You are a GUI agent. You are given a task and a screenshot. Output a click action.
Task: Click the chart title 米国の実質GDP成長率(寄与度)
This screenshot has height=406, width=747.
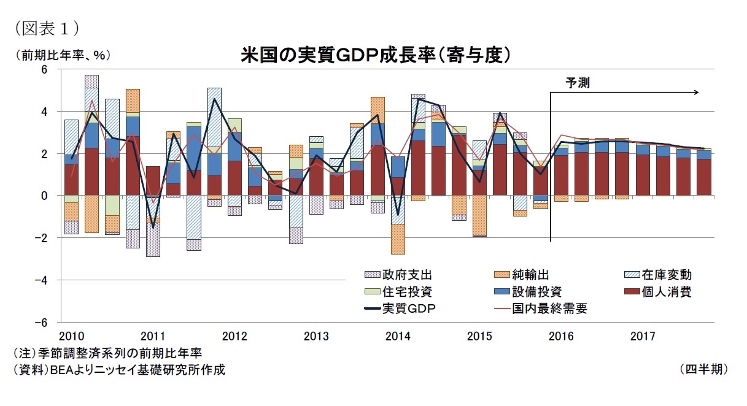tap(376, 55)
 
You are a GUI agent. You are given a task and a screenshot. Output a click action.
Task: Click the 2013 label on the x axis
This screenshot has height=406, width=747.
tap(315, 336)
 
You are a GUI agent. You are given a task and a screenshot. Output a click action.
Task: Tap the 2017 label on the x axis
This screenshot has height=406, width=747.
tap(642, 336)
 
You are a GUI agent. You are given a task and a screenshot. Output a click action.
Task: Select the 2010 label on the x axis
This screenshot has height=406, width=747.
tap(71, 336)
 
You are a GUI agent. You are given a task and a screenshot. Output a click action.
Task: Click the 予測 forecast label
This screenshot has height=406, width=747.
tap(577, 83)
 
